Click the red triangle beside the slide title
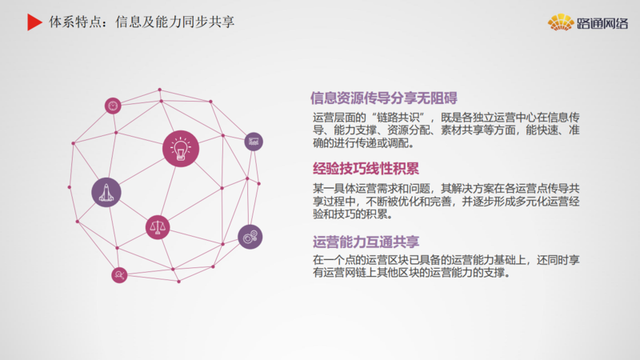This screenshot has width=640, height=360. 34,22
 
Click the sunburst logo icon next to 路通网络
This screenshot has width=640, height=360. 561,22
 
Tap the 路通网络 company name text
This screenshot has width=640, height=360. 602,23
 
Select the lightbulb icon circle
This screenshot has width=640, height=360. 181,149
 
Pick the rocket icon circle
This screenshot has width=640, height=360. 106,192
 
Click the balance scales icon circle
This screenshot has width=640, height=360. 158,227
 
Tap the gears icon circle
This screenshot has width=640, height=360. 250,237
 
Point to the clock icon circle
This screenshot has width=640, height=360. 113,106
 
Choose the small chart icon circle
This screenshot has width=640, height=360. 254,142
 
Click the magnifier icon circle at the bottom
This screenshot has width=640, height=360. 119,275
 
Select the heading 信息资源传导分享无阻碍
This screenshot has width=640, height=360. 384,98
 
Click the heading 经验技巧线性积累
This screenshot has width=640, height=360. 366,169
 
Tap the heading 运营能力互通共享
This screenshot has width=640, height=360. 366,242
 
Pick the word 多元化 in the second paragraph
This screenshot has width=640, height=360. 531,202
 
